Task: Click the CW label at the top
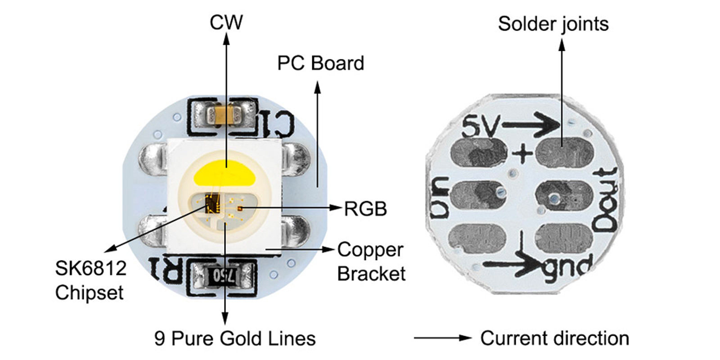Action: (x=226, y=22)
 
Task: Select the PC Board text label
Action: (x=320, y=63)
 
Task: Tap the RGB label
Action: (x=365, y=209)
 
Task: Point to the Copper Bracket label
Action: (x=371, y=261)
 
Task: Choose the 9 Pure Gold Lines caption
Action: (x=234, y=338)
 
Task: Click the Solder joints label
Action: (x=553, y=24)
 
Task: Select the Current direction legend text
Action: (x=554, y=338)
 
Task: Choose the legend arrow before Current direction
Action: (x=442, y=337)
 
